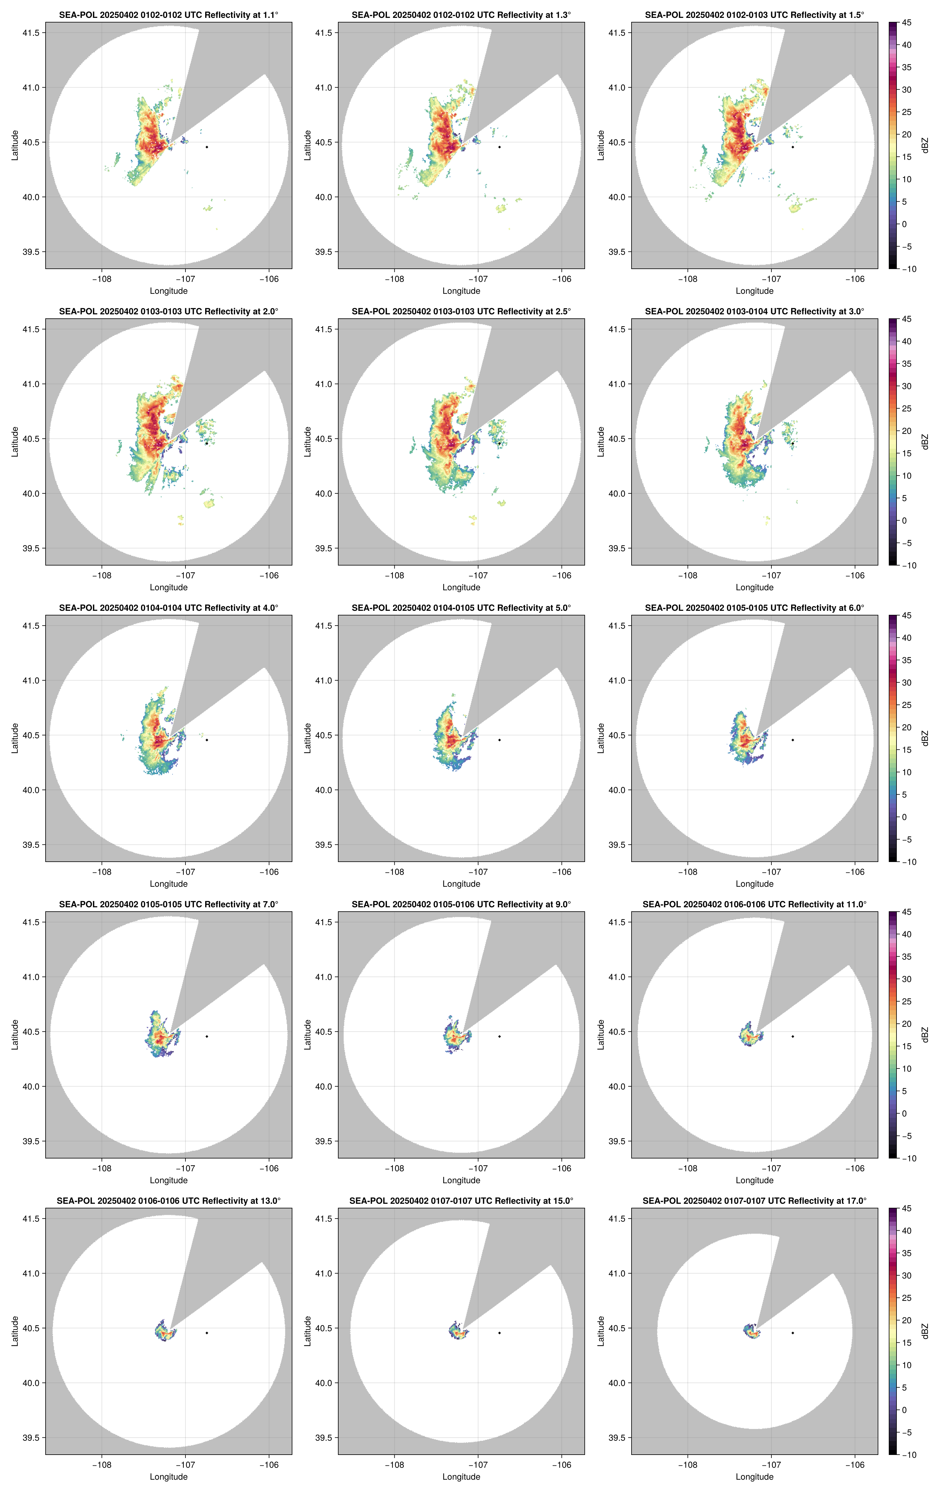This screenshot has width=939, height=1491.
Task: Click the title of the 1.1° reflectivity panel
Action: pyautogui.click(x=169, y=15)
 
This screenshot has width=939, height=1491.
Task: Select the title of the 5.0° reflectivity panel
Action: pyautogui.click(x=461, y=608)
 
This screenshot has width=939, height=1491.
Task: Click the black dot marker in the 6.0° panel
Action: pyautogui.click(x=792, y=740)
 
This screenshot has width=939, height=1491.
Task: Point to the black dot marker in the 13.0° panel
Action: pyautogui.click(x=207, y=1333)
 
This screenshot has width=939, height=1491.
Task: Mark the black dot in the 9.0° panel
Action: pyautogui.click(x=499, y=1036)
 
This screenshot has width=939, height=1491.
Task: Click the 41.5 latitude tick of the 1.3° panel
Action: pyautogui.click(x=324, y=33)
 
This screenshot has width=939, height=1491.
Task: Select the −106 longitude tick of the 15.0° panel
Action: pyautogui.click(x=561, y=1465)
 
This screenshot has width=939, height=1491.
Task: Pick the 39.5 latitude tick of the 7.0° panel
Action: pyautogui.click(x=31, y=1141)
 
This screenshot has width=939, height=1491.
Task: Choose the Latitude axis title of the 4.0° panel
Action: pyautogui.click(x=15, y=738)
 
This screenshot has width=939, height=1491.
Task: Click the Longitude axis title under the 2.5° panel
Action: pyautogui.click(x=461, y=588)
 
